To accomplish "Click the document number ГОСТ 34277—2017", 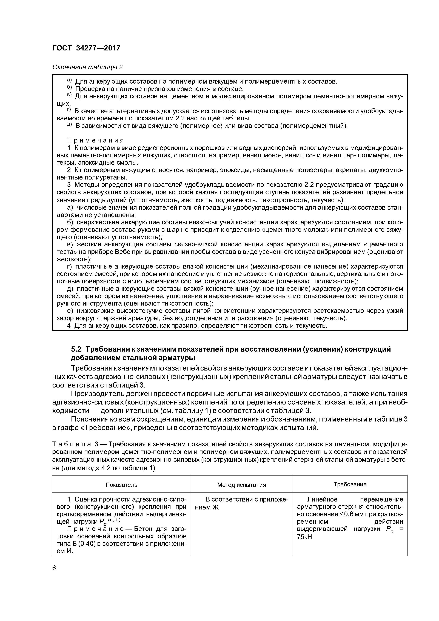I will point(86,48).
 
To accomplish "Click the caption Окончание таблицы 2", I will point(87,67).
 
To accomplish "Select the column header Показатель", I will point(121,485).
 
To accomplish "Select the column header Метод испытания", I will point(241,485).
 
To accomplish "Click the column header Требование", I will point(350,484).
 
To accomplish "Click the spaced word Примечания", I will point(95,140).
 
